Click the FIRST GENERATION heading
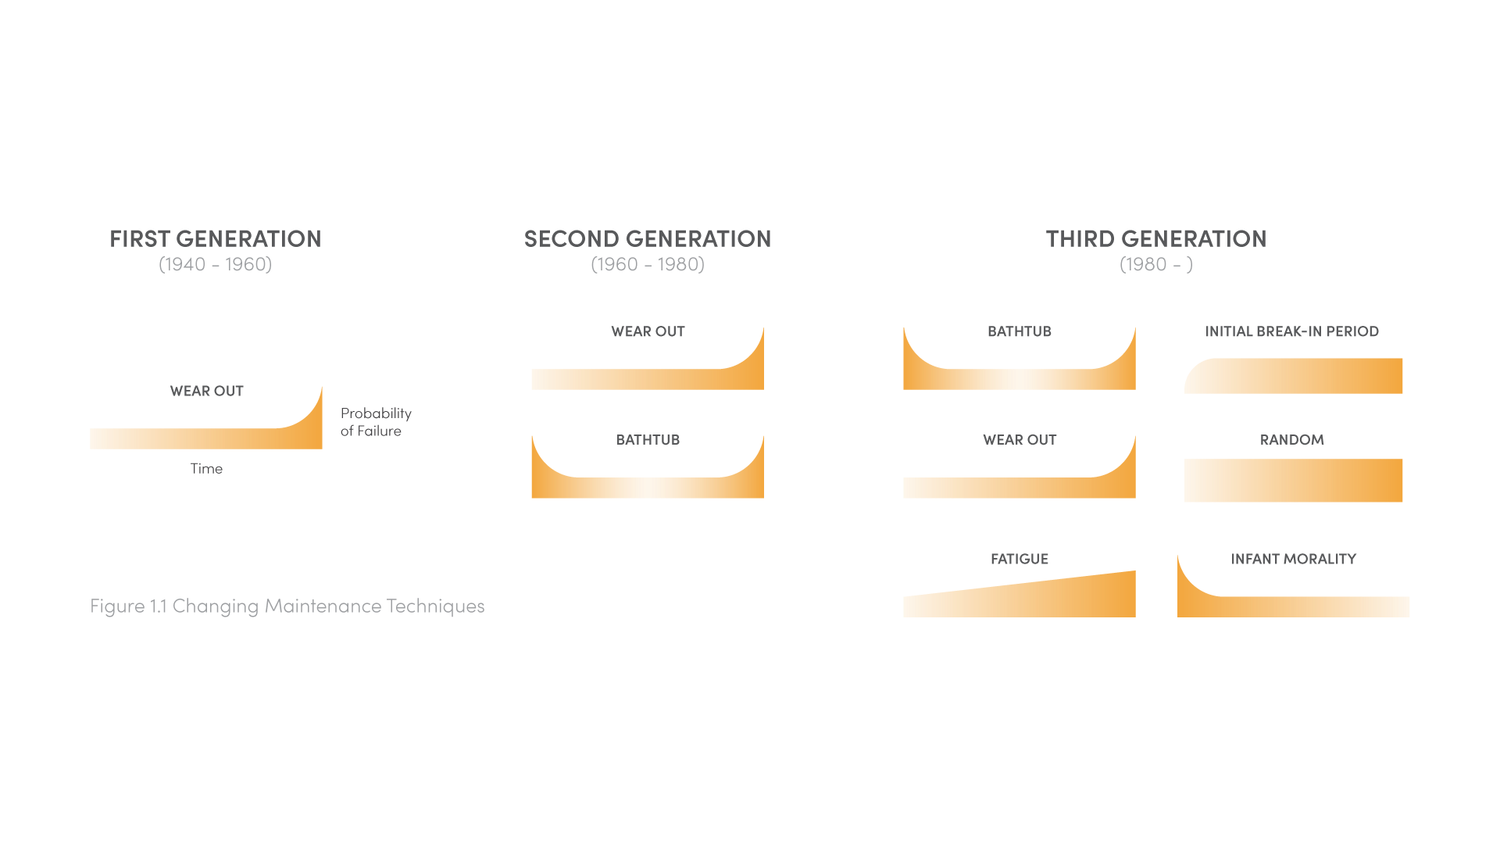point(215,238)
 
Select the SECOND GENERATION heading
point(647,238)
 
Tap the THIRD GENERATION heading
point(1155,238)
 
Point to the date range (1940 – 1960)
point(215,264)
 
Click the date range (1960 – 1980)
point(647,264)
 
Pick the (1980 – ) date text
point(1155,264)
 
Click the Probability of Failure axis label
point(375,422)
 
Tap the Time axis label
point(206,468)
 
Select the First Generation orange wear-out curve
point(206,438)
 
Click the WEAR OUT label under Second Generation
point(648,331)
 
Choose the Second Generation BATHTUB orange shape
point(647,488)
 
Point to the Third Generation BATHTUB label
point(1019,331)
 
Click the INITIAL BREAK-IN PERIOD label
point(1291,331)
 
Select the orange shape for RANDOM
point(1293,480)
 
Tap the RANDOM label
point(1291,439)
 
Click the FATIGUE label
point(1019,559)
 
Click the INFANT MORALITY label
point(1293,559)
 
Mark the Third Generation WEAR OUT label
point(1019,439)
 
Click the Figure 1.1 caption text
point(287,606)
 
